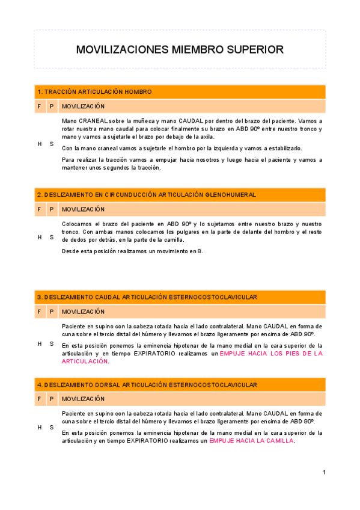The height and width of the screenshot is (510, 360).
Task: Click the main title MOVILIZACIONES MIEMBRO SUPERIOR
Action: pyautogui.click(x=180, y=49)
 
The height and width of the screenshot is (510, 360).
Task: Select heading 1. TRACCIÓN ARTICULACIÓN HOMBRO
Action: pyautogui.click(x=94, y=92)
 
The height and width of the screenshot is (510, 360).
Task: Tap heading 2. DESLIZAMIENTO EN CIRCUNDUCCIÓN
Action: pyautogui.click(x=147, y=195)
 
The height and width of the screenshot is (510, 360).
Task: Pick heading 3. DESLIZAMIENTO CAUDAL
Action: pyautogui.click(x=147, y=297)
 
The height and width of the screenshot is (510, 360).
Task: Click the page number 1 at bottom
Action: pyautogui.click(x=324, y=472)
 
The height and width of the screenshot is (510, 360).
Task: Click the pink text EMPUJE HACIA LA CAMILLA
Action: pyautogui.click(x=251, y=441)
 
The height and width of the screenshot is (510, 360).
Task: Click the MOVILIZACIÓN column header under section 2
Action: pyautogui.click(x=84, y=209)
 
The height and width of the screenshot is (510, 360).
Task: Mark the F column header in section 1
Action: pyautogui.click(x=39, y=106)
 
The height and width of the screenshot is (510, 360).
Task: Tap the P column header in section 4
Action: pyautogui.click(x=52, y=399)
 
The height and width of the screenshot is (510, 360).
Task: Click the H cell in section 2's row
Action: pyautogui.click(x=39, y=237)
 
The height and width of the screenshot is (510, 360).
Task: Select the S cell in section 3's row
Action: pyautogui.click(x=52, y=344)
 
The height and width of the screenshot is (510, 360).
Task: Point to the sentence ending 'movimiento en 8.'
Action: pyautogui.click(x=132, y=251)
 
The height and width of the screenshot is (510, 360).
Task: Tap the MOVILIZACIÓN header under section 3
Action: pyautogui.click(x=84, y=312)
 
